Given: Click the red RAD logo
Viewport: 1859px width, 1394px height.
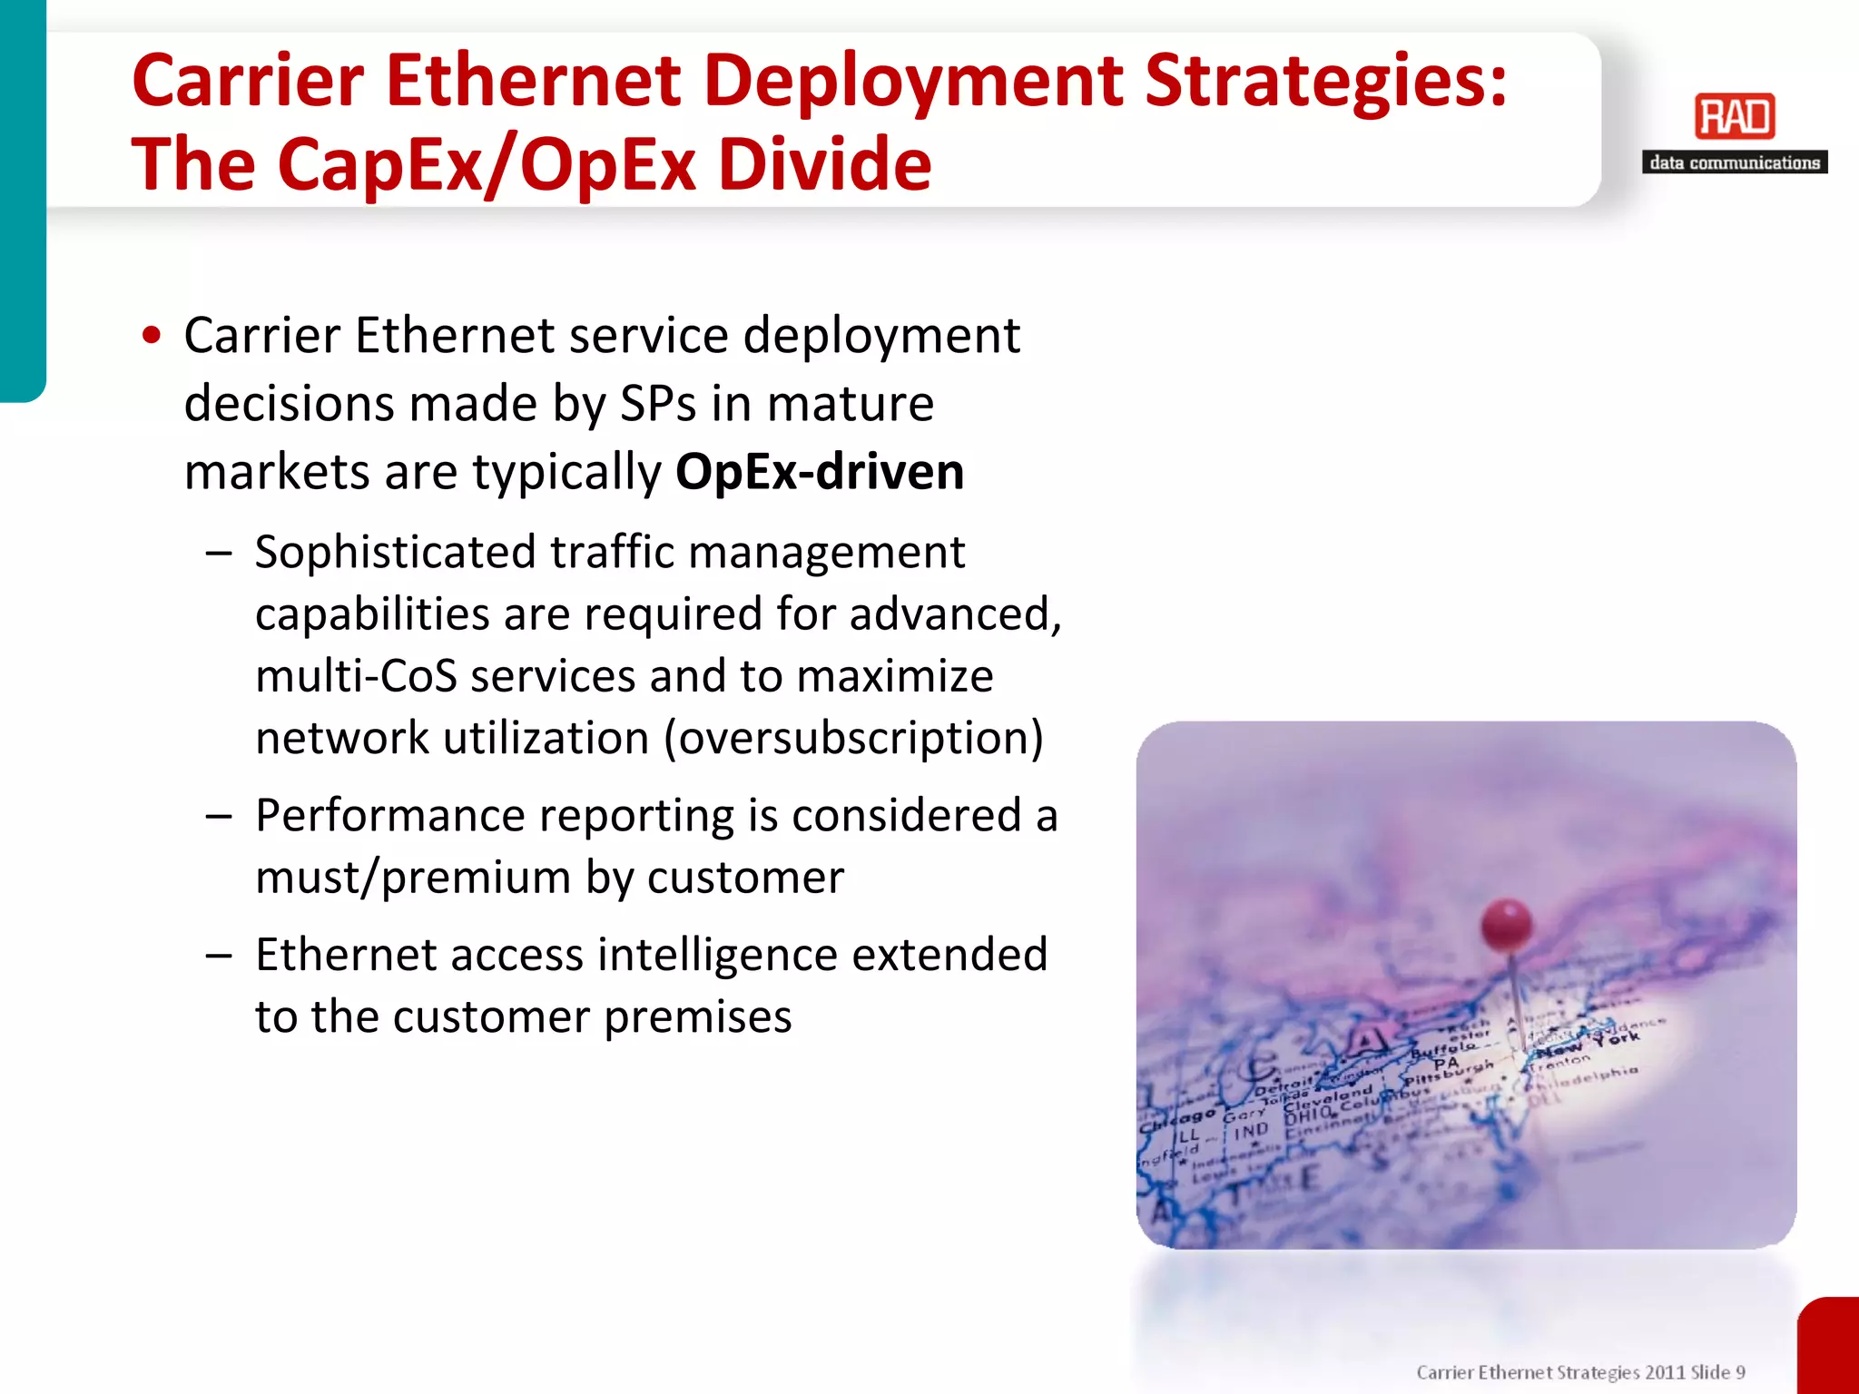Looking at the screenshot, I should tap(1735, 117).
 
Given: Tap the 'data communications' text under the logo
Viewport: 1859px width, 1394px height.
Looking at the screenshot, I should tap(1735, 163).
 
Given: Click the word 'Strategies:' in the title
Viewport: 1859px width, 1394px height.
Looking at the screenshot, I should tap(1325, 82).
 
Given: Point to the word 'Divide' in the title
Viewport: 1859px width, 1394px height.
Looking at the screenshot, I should tap(825, 165).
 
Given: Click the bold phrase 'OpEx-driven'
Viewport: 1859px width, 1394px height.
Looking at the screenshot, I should tap(820, 473).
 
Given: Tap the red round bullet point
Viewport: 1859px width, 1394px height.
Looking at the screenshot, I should tap(152, 336).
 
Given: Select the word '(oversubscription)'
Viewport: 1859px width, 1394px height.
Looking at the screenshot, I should tap(854, 738).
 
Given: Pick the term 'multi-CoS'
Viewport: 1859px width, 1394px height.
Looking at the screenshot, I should tap(356, 676).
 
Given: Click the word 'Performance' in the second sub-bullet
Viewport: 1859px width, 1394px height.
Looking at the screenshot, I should tap(390, 816).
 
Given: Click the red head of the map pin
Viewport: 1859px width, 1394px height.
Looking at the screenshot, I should tap(1507, 925).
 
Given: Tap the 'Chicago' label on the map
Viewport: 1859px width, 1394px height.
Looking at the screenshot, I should tap(1177, 1120).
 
